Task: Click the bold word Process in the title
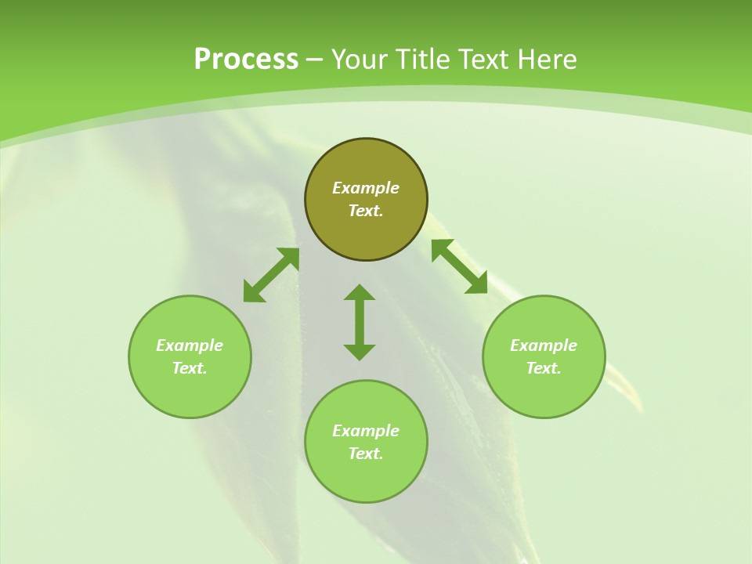pos(246,60)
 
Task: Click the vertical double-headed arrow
pos(360,322)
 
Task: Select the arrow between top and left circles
pos(271,275)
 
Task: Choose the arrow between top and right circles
pos(460,266)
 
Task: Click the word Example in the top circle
pos(366,188)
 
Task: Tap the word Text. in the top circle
pos(366,211)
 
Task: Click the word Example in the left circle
pos(190,345)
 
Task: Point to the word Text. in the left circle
pos(190,368)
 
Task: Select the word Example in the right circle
pos(544,345)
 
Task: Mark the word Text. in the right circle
pos(544,368)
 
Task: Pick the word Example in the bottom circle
pos(366,431)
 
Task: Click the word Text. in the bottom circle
pos(366,454)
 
